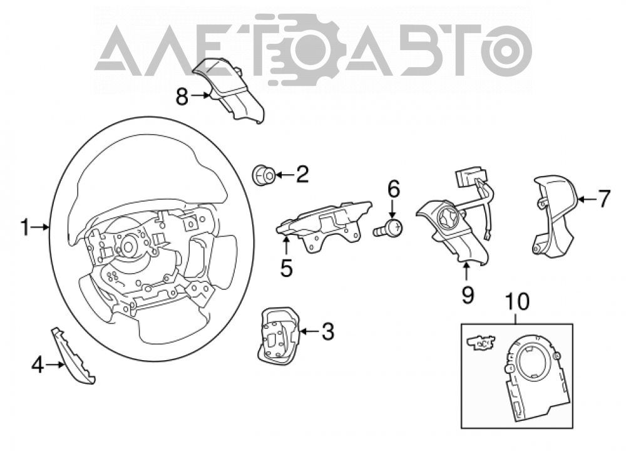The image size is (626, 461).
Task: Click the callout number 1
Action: [x=25, y=228]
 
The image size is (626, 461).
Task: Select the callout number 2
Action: [x=302, y=175]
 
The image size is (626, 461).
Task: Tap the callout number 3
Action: [x=328, y=331]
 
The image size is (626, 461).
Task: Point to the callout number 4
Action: [x=38, y=365]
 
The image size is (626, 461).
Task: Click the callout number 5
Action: [x=287, y=268]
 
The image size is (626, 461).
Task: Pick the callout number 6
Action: [x=394, y=189]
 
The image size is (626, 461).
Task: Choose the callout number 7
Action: [x=604, y=199]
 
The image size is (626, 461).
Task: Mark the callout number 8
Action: [x=182, y=96]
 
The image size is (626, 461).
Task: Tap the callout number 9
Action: [x=467, y=295]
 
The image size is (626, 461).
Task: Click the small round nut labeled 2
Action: [x=263, y=175]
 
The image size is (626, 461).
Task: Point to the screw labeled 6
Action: [x=388, y=229]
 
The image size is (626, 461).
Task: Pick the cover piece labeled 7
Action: [x=554, y=215]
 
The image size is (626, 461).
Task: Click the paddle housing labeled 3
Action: [x=279, y=335]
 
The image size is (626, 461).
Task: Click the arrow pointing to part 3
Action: [x=309, y=331]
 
